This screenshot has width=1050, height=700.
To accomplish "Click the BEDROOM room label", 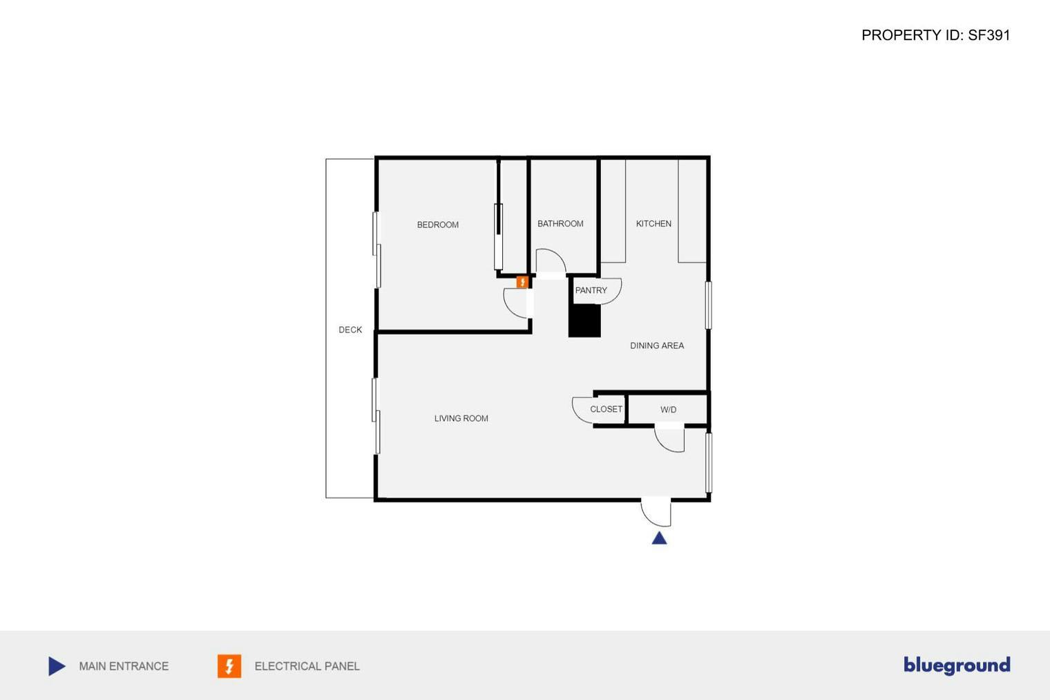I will coord(437,225).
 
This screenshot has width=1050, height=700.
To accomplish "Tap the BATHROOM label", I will coord(560,224).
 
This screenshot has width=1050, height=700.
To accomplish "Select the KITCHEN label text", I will coord(653,224).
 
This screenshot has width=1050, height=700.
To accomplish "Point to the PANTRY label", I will coord(591,290).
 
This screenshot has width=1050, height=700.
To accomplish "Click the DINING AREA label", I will coord(657,346).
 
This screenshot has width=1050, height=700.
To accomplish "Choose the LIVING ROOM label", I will coord(461,418).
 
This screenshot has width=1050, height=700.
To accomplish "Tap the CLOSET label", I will coord(606,409).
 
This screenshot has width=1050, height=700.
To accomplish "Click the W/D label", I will coord(668,410).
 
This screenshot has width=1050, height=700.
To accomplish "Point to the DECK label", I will coord(350,330).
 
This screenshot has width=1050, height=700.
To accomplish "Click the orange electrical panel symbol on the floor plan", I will coord(522,282).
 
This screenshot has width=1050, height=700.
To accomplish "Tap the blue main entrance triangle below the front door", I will coord(660,538).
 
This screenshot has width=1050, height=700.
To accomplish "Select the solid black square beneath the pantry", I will coord(584,321).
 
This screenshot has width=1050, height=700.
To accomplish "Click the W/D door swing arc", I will coord(669,439).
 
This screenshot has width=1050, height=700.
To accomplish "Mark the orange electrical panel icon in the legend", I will coord(229,666).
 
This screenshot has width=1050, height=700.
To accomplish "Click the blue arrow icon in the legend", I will coord(57,666).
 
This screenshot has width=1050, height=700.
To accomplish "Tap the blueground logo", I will coord(957,665).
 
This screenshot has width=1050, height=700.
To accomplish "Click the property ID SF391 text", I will coord(935,35).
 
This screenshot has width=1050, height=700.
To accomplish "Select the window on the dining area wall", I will coord(709,305).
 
